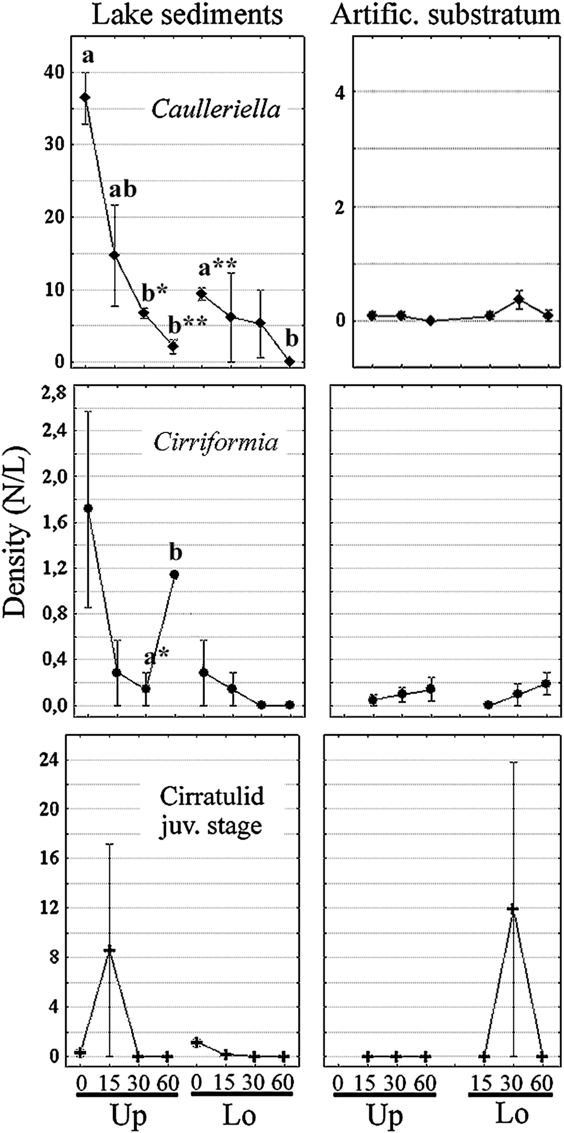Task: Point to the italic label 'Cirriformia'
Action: point(216,443)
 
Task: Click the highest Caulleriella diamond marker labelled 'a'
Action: point(85,97)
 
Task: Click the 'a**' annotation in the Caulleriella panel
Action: point(217,267)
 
